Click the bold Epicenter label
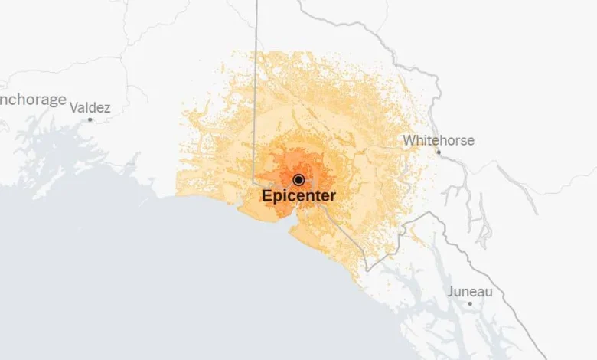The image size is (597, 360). [298, 195]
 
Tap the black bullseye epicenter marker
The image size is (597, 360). [298, 179]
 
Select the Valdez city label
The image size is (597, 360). [90, 107]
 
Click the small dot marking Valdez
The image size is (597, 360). [90, 119]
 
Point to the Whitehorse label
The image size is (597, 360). [439, 140]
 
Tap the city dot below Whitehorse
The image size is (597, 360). [439, 152]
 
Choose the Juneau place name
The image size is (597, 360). [469, 292]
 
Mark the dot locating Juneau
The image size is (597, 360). [470, 303]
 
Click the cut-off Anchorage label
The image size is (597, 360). [32, 100]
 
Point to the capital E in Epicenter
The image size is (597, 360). [267, 195]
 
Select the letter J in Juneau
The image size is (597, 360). [450, 292]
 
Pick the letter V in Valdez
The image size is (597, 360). [73, 107]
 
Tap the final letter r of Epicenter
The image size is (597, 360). [333, 196]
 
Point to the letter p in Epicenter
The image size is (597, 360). [277, 197]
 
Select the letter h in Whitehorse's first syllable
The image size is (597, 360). [419, 140]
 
